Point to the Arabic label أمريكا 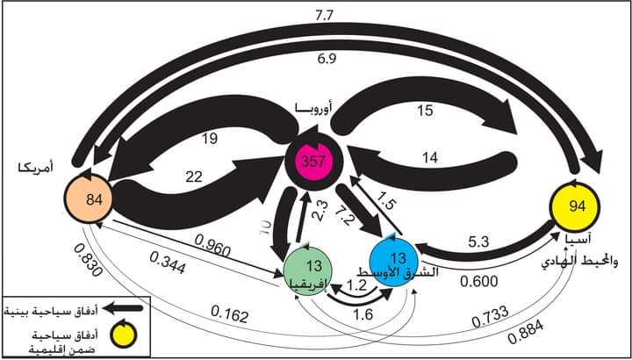tap(38, 164)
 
